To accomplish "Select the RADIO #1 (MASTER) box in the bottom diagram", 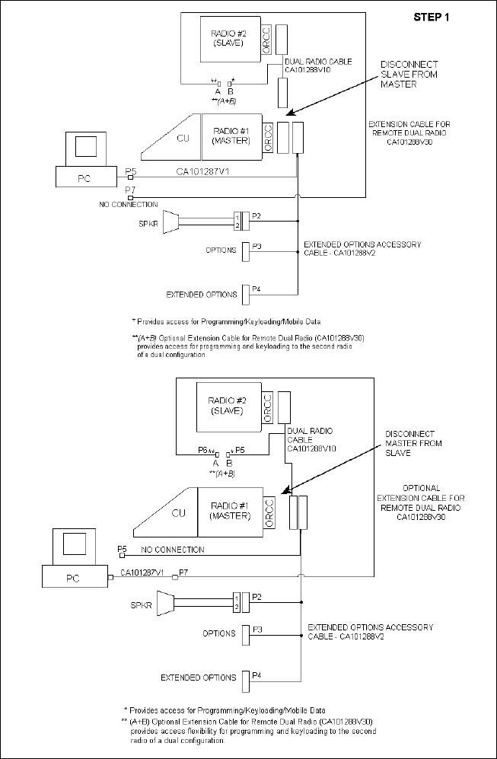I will point(228,509).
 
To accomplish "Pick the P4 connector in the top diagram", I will point(246,292).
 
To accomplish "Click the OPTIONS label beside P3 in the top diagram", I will point(221,250).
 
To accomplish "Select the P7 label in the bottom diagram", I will point(183,572).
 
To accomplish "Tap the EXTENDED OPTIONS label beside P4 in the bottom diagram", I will point(199,678).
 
